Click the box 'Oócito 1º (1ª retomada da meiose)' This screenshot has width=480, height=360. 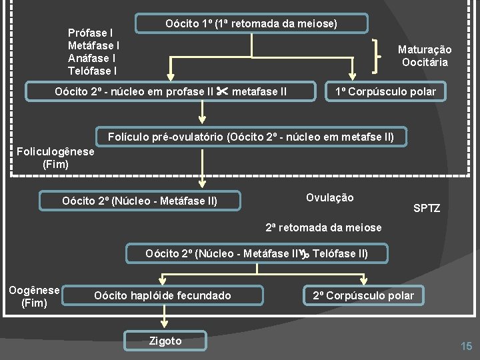click(251, 24)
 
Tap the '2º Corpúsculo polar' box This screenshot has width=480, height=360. click(363, 295)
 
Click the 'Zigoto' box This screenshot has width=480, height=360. click(165, 341)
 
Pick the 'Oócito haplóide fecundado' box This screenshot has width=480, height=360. click(163, 295)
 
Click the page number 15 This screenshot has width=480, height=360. click(466, 345)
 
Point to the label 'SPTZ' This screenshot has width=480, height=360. click(427, 209)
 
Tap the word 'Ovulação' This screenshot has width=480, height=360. click(329, 197)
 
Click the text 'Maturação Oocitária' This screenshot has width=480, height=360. click(425, 56)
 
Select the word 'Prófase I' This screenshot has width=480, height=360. click(90, 33)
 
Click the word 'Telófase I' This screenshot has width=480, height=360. click(92, 71)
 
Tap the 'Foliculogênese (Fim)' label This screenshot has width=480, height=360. click(55, 157)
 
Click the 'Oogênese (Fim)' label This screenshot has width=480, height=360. click(34, 297)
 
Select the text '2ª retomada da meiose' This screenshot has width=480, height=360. click(323, 228)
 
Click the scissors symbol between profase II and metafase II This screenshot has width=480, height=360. click(223, 91)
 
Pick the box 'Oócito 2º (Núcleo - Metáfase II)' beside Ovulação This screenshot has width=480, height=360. click(139, 201)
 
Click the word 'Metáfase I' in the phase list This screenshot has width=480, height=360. click(93, 45)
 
